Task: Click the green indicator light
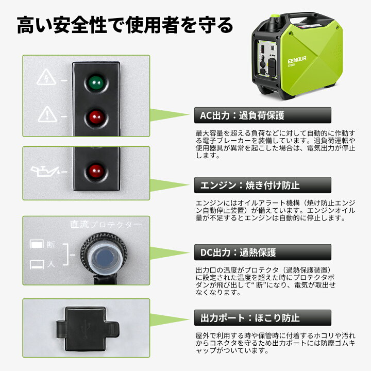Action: [x=96, y=83]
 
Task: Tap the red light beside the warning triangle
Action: [x=96, y=117]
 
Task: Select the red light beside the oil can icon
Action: [x=96, y=171]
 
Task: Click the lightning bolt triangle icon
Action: [x=46, y=77]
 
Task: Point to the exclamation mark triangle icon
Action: [x=47, y=114]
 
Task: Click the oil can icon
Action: [x=45, y=171]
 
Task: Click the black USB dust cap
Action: [x=88, y=329]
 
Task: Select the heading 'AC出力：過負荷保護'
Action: [x=242, y=115]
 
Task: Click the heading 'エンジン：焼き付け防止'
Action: [x=250, y=185]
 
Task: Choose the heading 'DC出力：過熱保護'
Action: [x=238, y=252]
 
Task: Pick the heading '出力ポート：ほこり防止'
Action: [x=250, y=318]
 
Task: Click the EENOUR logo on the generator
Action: [x=297, y=60]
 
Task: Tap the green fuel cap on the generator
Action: [x=275, y=16]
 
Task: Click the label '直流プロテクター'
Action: [x=106, y=225]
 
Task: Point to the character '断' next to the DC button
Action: [x=51, y=244]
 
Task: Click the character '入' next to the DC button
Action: [x=51, y=264]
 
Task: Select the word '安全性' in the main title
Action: [x=79, y=25]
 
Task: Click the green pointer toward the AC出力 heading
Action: [x=170, y=115]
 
